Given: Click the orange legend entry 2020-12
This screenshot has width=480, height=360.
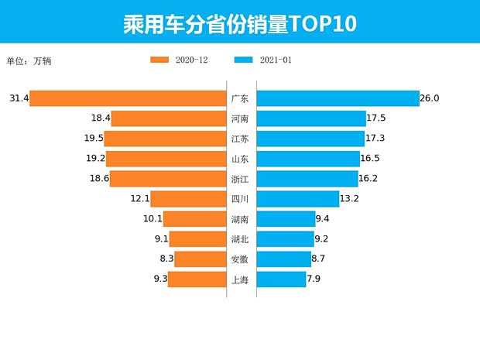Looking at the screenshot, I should [179, 60].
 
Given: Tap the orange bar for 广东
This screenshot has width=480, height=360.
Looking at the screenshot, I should [128, 98].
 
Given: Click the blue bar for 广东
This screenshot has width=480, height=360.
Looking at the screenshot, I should [337, 98].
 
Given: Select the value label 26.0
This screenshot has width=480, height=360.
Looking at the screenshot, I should [430, 98].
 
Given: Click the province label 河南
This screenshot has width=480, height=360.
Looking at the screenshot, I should [240, 118].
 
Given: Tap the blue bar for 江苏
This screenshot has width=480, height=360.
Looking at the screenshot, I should [310, 139].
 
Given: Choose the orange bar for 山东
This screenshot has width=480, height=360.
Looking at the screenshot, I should [166, 159].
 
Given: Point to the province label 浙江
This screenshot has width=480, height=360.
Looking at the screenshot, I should [240, 179].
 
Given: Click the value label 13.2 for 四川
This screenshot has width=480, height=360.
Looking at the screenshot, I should [349, 199].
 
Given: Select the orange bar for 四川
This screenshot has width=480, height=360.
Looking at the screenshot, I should [188, 199].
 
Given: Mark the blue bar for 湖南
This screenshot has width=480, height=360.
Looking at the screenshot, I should [286, 219].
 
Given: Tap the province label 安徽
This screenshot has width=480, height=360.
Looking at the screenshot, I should [240, 259].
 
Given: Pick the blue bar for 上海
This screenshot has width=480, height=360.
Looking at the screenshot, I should [281, 279].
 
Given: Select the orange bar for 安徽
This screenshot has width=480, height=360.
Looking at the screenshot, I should [200, 259].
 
